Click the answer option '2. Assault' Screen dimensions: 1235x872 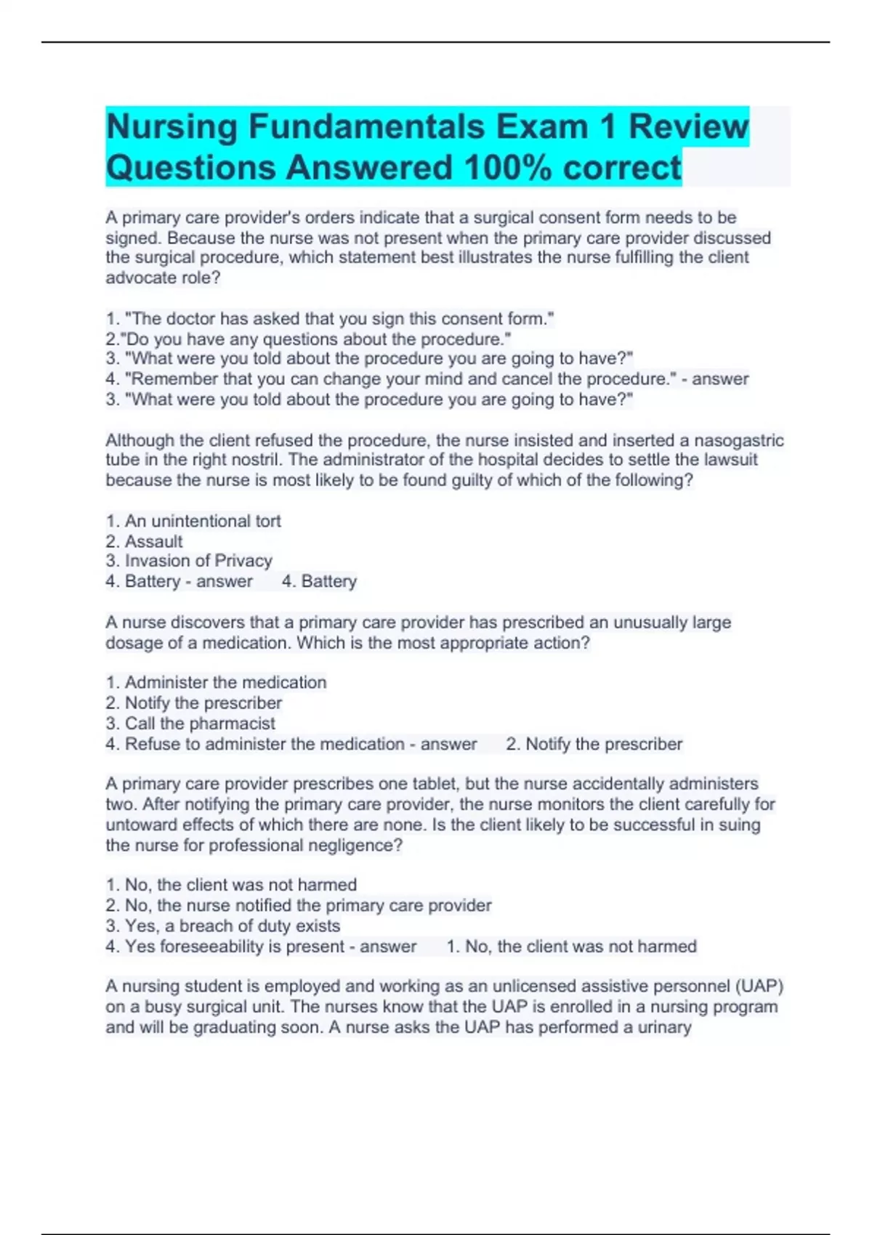(144, 541)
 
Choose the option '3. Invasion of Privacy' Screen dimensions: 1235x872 (189, 561)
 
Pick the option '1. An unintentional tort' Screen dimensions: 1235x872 (193, 521)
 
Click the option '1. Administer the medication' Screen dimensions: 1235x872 (216, 682)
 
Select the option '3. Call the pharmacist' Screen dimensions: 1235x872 (190, 724)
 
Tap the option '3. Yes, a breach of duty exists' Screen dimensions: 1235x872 (222, 926)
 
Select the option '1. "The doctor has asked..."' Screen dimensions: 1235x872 (330, 319)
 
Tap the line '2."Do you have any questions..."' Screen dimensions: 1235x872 (308, 339)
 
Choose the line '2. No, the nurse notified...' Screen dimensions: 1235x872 (298, 905)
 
